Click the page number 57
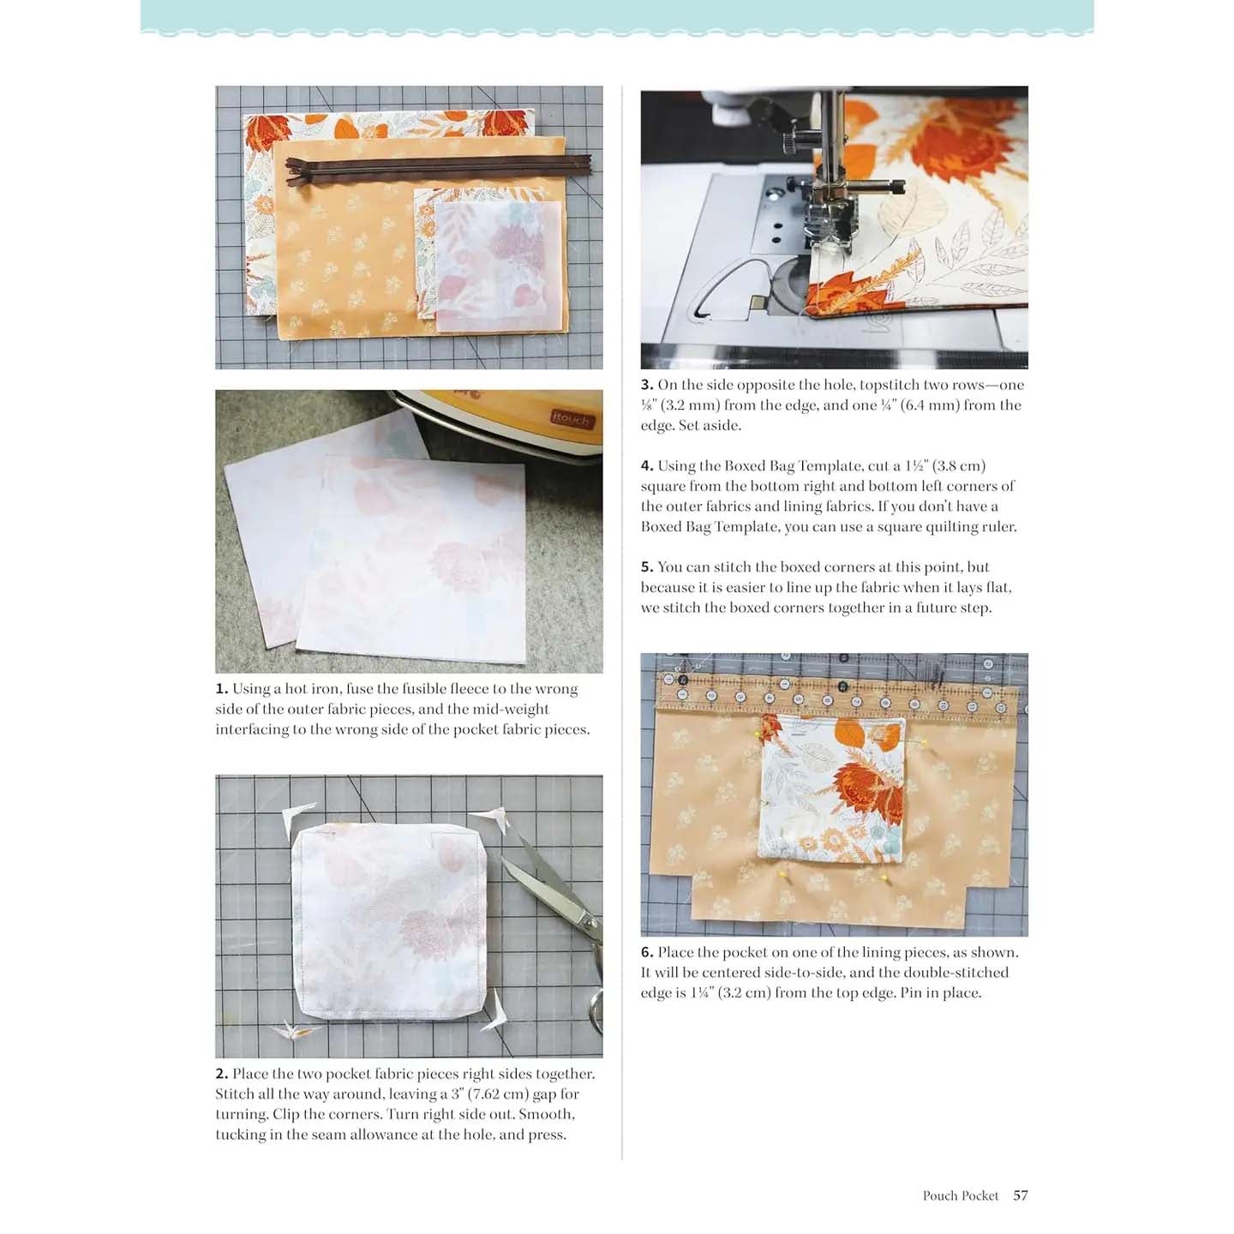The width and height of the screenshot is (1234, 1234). [1020, 1195]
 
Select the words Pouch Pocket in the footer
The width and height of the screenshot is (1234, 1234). [960, 1195]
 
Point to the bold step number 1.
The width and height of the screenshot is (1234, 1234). [222, 689]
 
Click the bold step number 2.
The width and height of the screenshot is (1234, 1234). [222, 1074]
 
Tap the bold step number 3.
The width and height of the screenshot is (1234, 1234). [647, 385]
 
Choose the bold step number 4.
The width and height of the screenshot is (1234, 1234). [647, 465]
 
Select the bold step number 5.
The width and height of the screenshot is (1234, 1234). [647, 566]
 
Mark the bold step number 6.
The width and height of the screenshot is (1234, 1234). [647, 952]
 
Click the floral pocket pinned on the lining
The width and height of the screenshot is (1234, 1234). [831, 788]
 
